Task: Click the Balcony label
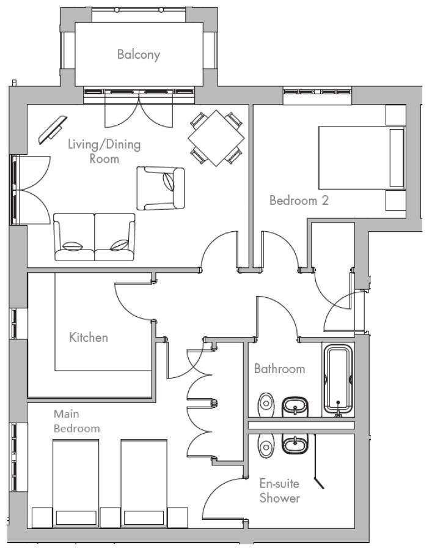click(x=138, y=54)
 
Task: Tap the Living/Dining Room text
click(x=104, y=151)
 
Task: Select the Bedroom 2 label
click(x=299, y=200)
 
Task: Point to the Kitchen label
click(x=89, y=337)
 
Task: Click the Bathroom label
click(x=279, y=369)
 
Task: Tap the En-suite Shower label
click(x=279, y=491)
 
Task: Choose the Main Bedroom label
click(x=76, y=421)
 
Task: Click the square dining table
click(x=216, y=138)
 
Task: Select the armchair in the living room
click(x=160, y=188)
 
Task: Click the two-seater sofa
click(x=94, y=237)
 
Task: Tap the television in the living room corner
click(x=53, y=130)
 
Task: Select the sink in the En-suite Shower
click(x=296, y=444)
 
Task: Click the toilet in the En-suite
click(x=266, y=445)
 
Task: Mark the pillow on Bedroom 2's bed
click(x=397, y=158)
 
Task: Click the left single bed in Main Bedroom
click(x=75, y=484)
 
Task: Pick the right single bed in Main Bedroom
click(x=144, y=484)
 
